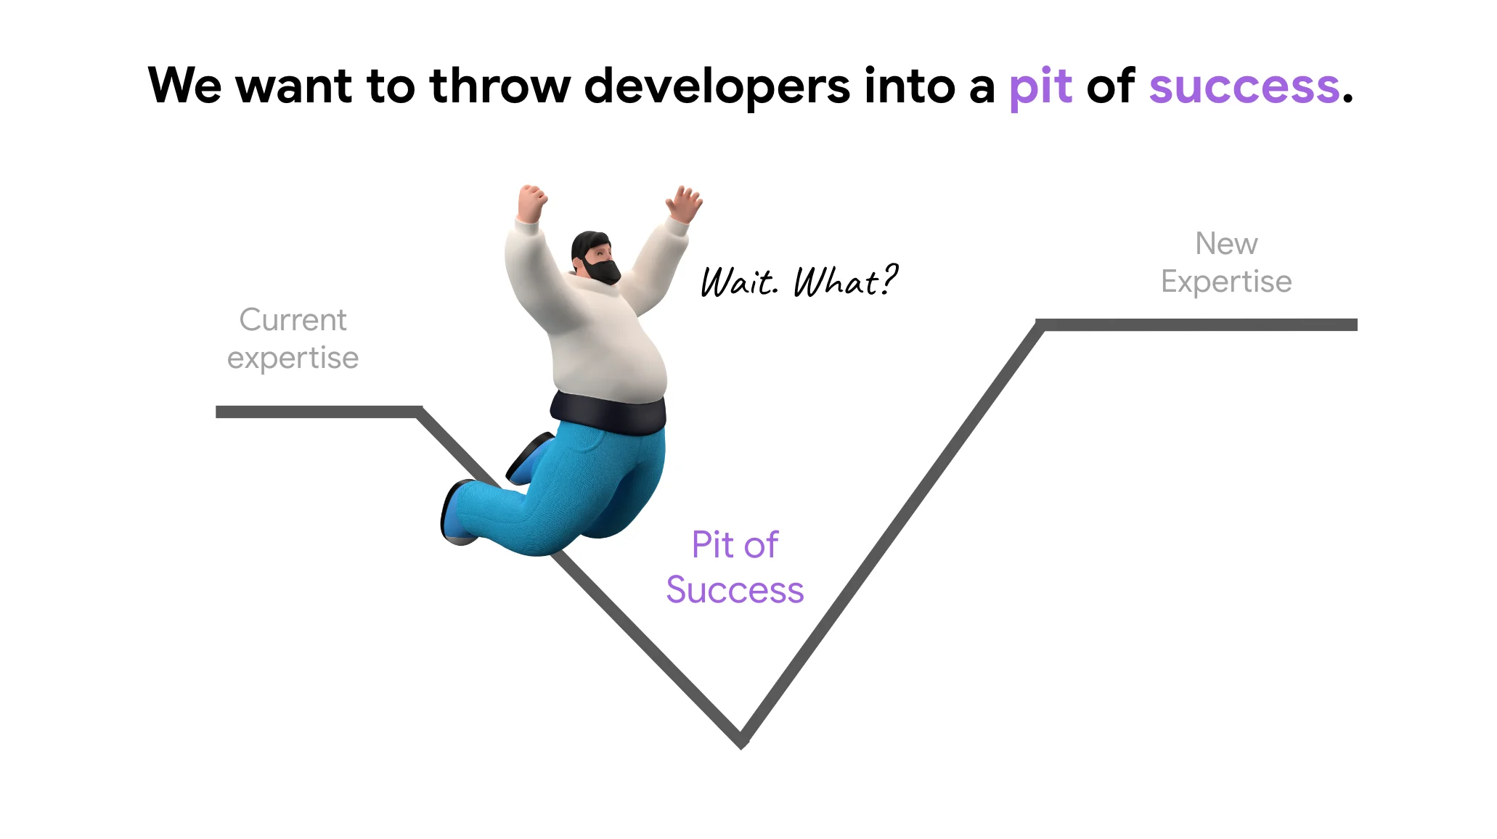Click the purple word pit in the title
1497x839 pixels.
pyautogui.click(x=1040, y=88)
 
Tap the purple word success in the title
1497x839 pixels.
pyautogui.click(x=1244, y=87)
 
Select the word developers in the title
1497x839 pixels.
pyautogui.click(x=717, y=88)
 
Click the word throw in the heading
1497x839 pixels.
pyautogui.click(x=500, y=86)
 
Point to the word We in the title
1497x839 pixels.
pyautogui.click(x=184, y=86)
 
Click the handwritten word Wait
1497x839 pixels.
pyautogui.click(x=739, y=282)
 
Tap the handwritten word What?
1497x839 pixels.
pyautogui.click(x=846, y=280)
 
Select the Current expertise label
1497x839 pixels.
pyautogui.click(x=293, y=339)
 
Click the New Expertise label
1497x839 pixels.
pyautogui.click(x=1226, y=263)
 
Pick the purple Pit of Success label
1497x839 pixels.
pyautogui.click(x=735, y=567)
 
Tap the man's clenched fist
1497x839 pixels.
pyautogui.click(x=531, y=201)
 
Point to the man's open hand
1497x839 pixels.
pyautogui.click(x=684, y=202)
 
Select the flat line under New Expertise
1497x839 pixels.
pyautogui.click(x=1196, y=324)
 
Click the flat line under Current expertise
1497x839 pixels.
pyautogui.click(x=319, y=412)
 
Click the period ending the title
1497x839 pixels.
pyautogui.click(x=1347, y=99)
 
